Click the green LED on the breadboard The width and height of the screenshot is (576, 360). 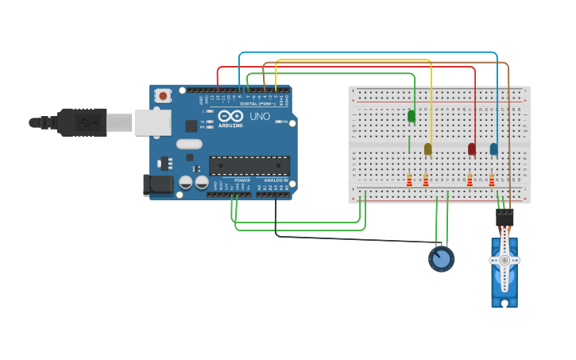tap(412, 116)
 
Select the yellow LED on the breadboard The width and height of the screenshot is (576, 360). tap(428, 149)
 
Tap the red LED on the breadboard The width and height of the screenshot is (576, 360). tap(472, 149)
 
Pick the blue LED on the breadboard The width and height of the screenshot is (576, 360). tap(494, 149)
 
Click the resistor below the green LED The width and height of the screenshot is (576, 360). tap(409, 180)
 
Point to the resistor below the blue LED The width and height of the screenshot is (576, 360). tap(492, 180)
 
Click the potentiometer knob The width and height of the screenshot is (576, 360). tap(441, 258)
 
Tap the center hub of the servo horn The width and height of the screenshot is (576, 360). tap(504, 260)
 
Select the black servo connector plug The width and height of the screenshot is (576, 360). tap(504, 217)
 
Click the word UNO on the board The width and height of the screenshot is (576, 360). tap(260, 117)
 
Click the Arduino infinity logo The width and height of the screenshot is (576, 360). tap(230, 116)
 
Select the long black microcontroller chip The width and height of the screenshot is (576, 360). tap(249, 165)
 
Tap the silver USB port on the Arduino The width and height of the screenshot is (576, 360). tap(153, 122)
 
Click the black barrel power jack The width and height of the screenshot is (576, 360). tap(157, 184)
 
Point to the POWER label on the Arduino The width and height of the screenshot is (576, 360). tap(242, 180)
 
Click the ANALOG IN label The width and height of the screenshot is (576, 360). tap(276, 180)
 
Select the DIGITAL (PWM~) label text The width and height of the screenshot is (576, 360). tap(258, 104)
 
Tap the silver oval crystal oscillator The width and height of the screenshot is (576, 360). tap(189, 144)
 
